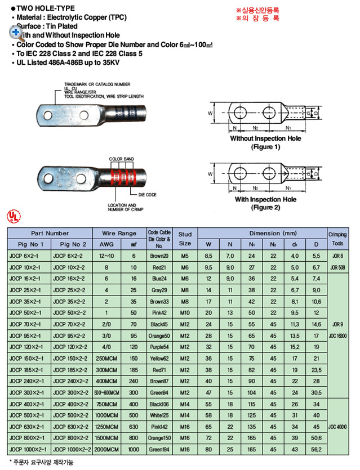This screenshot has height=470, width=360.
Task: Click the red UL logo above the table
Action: click(x=12, y=216)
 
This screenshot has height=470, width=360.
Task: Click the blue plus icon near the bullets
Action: click(x=15, y=32)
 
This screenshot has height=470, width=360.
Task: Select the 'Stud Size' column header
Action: click(x=185, y=239)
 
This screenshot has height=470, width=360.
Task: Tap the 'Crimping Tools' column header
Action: click(x=337, y=239)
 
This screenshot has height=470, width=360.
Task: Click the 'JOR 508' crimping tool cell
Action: click(x=337, y=266)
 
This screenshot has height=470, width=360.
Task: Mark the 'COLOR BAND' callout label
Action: click(x=119, y=159)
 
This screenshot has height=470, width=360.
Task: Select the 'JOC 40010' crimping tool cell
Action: click(x=337, y=427)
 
